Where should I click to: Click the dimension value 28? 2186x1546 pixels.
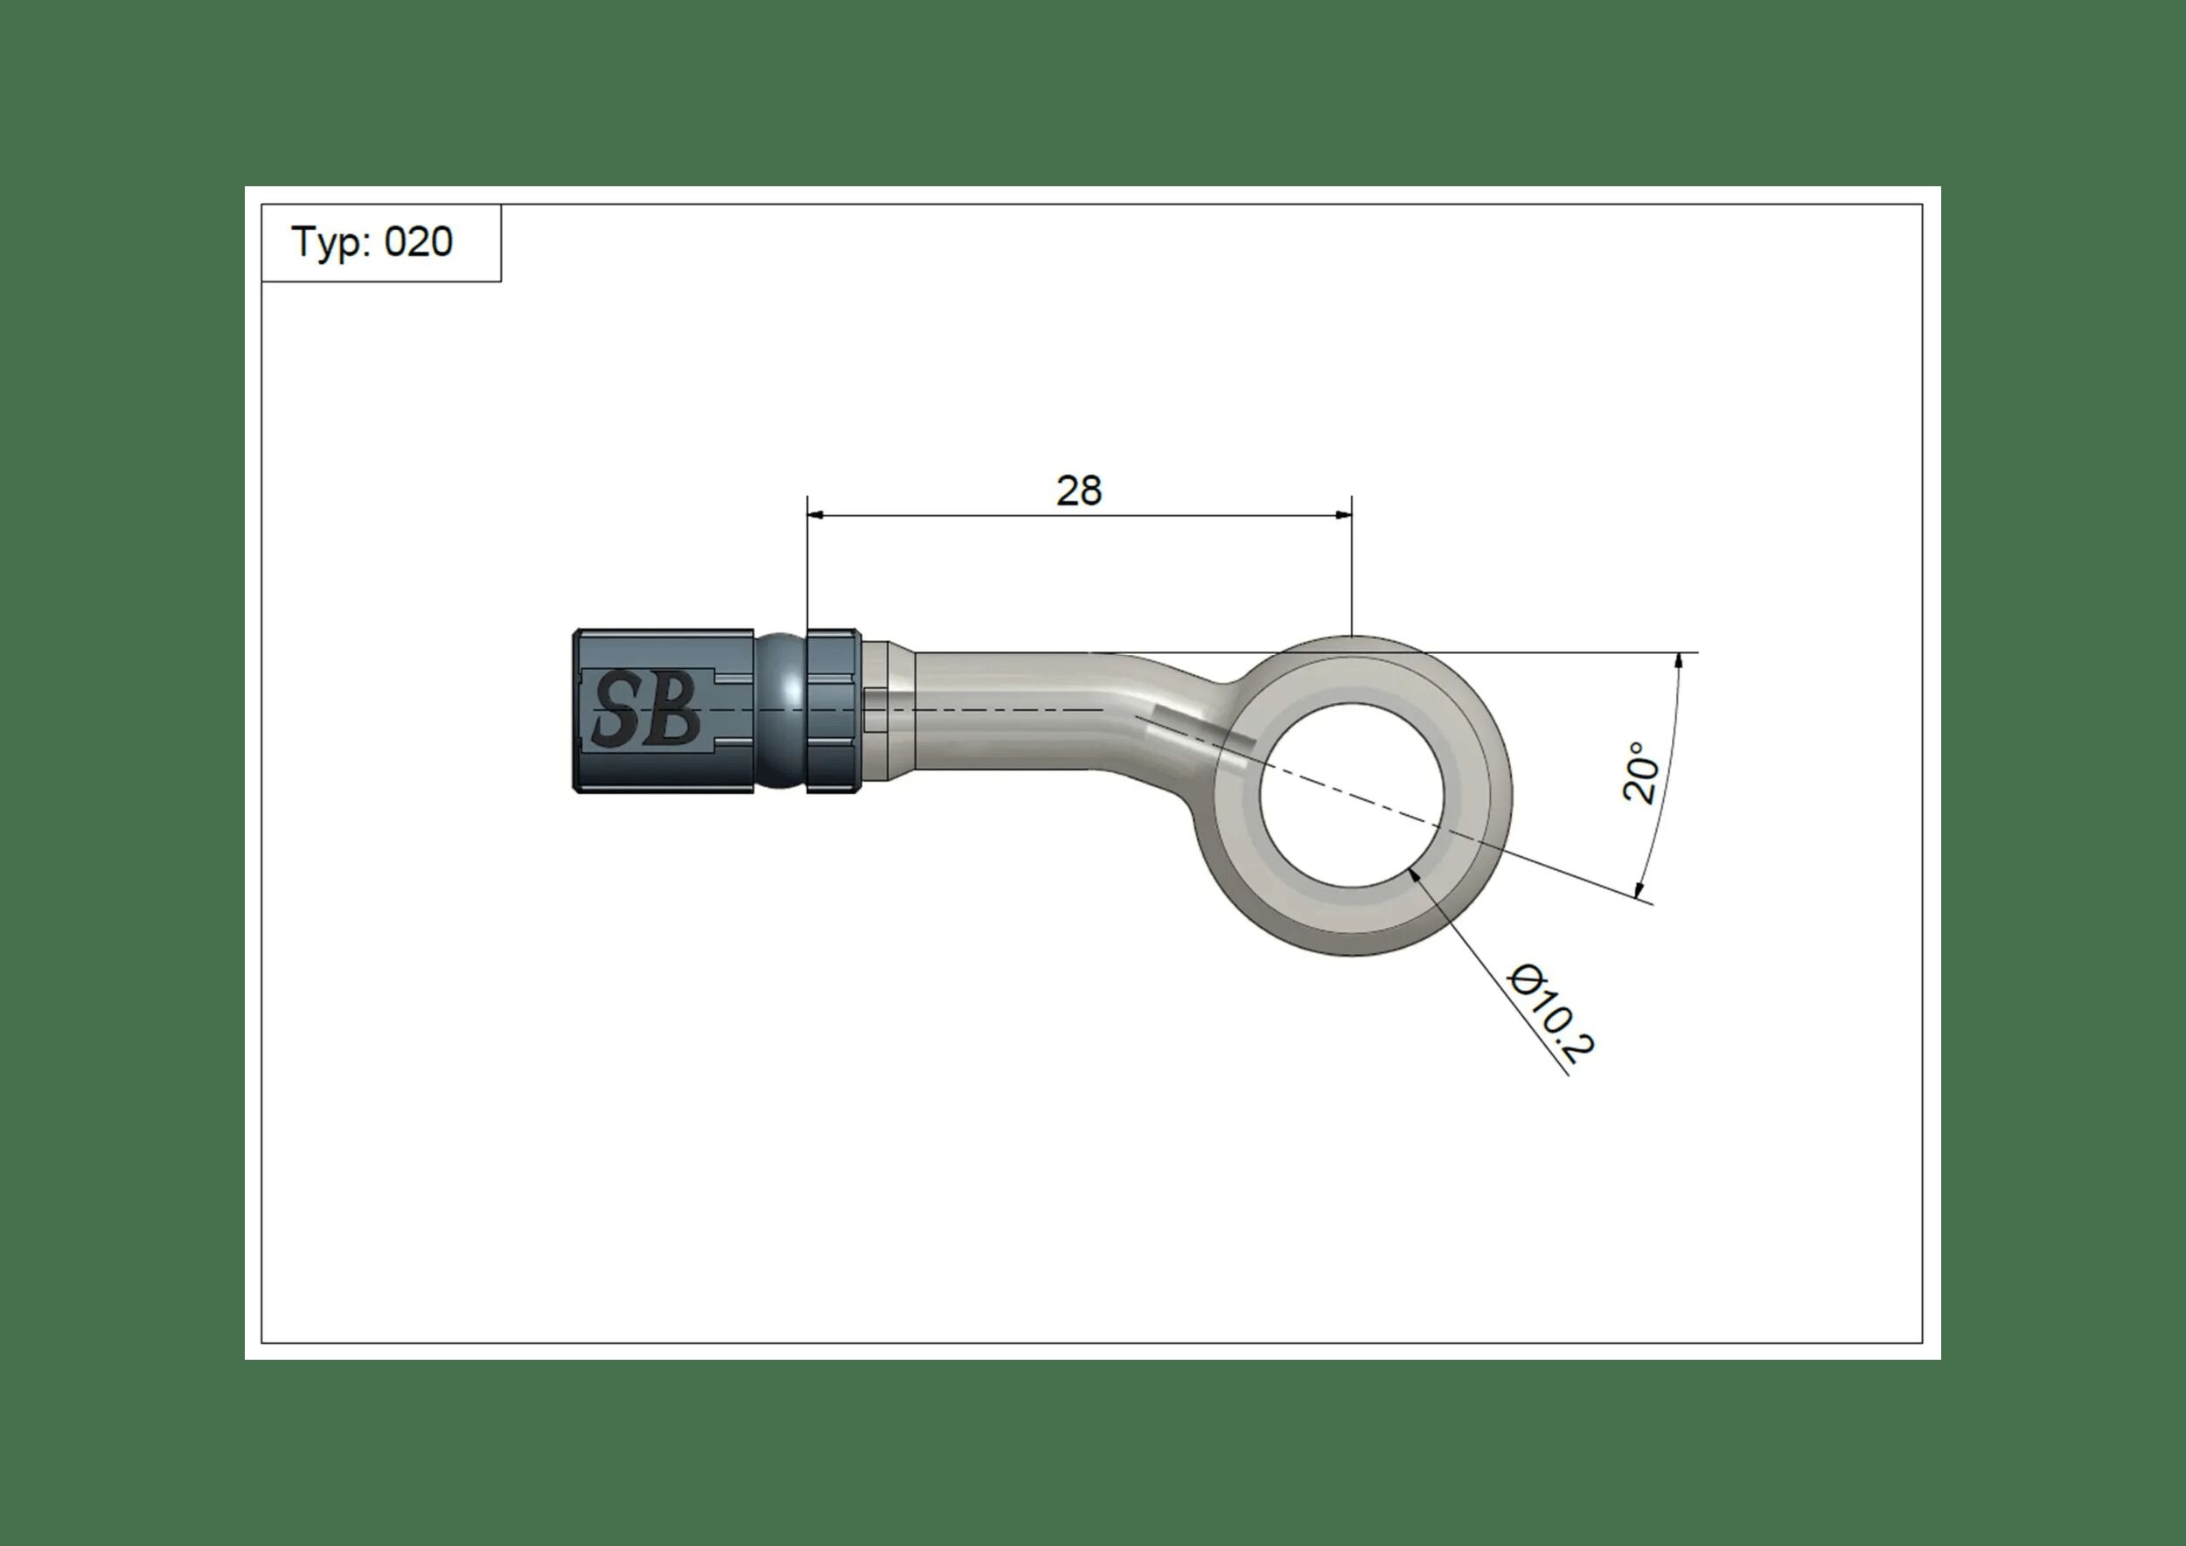coord(1079,491)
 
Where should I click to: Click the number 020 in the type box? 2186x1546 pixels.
coord(418,243)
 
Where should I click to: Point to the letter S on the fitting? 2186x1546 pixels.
coord(616,710)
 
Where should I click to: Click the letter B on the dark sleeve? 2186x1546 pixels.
coord(676,710)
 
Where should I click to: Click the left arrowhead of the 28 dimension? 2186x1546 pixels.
coord(816,515)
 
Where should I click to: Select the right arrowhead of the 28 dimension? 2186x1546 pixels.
coord(1343,515)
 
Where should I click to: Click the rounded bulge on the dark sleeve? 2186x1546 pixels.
coord(781,710)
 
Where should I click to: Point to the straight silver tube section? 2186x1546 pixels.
coord(999,710)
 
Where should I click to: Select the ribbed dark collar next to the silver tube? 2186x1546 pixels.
coord(833,710)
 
